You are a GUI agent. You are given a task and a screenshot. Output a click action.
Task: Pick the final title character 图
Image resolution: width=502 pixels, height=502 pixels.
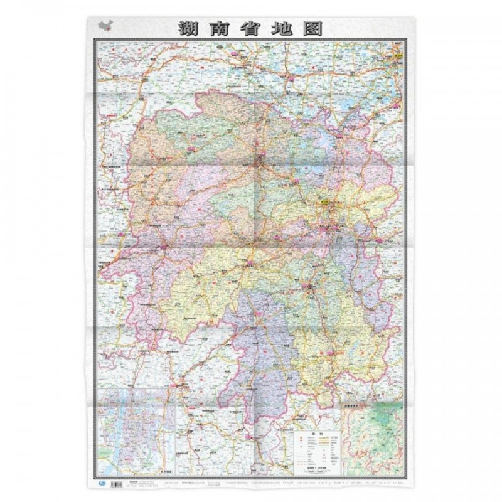315,29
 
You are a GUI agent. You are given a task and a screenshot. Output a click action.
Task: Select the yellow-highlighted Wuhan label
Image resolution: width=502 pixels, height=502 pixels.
397,56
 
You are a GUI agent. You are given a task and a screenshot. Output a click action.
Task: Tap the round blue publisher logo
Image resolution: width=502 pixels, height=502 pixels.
104,482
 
